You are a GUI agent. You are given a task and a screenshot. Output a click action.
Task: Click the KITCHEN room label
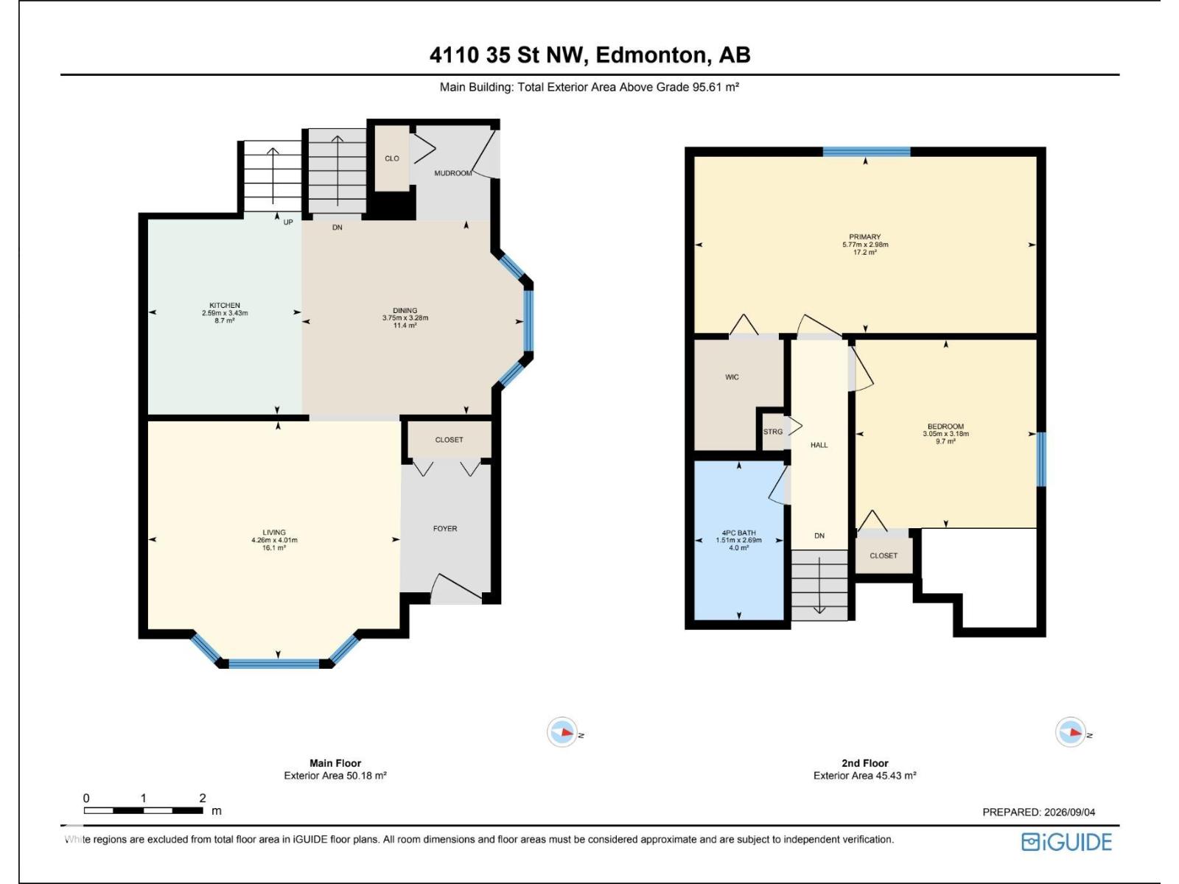(x=225, y=306)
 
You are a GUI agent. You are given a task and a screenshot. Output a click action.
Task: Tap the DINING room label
(x=405, y=310)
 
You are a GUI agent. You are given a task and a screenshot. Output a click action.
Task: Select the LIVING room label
(x=274, y=533)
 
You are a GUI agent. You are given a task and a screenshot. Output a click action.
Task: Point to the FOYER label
(x=445, y=529)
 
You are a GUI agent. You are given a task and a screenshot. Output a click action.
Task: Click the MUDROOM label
(x=452, y=173)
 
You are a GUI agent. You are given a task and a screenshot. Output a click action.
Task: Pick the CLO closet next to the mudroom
(x=392, y=158)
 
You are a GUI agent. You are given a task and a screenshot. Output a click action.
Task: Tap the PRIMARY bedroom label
(x=865, y=236)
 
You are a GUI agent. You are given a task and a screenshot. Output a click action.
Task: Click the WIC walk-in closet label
(x=732, y=377)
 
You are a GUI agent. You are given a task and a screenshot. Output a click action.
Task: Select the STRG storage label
(x=773, y=432)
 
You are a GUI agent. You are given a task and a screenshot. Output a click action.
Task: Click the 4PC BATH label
(x=738, y=533)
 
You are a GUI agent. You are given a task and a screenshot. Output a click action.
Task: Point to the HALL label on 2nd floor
(x=819, y=445)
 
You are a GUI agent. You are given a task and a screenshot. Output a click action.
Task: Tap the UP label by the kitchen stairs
(x=288, y=222)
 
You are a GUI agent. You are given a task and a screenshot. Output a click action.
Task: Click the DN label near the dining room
(x=337, y=228)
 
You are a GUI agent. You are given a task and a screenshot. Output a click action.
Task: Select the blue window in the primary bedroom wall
(x=867, y=152)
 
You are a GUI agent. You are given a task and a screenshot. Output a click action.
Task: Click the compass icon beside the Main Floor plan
(x=561, y=732)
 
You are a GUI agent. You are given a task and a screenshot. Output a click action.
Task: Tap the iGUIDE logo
(x=1066, y=842)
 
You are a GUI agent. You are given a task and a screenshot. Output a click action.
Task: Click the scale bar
(x=144, y=810)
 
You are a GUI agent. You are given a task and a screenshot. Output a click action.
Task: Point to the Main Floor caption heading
(x=335, y=763)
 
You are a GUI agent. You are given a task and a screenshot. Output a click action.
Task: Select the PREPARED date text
(x=1039, y=812)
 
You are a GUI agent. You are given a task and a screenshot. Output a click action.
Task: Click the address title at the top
(x=589, y=55)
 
